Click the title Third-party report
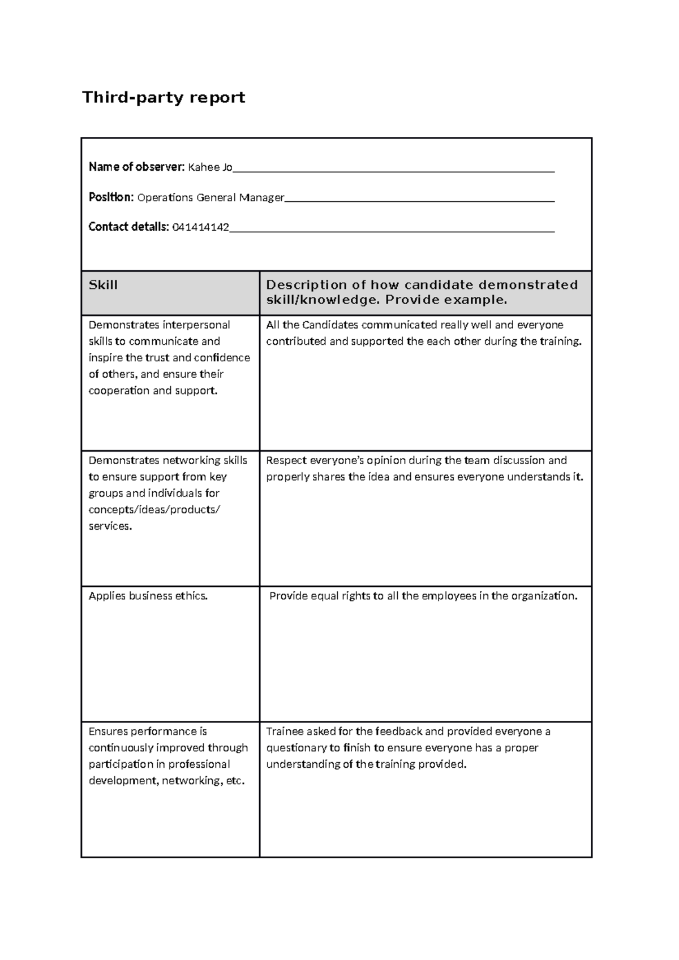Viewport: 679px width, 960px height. (164, 98)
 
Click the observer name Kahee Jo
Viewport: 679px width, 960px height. (210, 167)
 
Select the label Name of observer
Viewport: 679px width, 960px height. (136, 167)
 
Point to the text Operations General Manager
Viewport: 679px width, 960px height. (210, 197)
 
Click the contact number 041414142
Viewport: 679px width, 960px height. (200, 227)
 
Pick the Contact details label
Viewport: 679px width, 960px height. (128, 227)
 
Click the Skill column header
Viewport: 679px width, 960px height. (103, 285)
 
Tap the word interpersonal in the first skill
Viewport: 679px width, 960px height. (196, 325)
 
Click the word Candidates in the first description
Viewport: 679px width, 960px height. (330, 325)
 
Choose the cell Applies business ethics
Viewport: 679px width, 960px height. (148, 596)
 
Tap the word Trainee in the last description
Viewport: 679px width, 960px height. (285, 732)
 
